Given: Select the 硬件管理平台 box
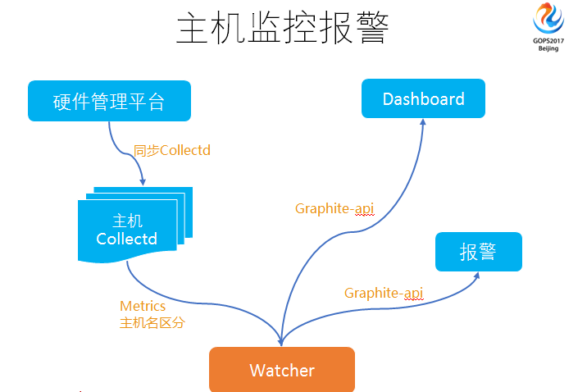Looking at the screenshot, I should point(109,102).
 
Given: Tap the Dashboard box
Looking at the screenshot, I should point(423,99).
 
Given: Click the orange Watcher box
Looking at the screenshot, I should point(281,370).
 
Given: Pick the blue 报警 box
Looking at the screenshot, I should point(478,251).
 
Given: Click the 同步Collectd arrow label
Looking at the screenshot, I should point(173,151).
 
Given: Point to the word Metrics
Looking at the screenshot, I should point(143,306).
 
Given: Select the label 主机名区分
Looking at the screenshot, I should point(152,322).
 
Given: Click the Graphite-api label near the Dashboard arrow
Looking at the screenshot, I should point(334,208).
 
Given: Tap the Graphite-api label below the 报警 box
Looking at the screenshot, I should point(384,293).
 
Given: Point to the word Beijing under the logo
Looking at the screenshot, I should point(548,49).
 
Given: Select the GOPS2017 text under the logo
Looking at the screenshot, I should point(548,41).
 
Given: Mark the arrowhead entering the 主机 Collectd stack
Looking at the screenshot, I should point(143,181).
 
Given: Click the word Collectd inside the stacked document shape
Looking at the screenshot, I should point(126,239).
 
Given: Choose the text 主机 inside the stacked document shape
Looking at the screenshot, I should point(127,221).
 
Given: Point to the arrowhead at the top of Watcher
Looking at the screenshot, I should point(281,343).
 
